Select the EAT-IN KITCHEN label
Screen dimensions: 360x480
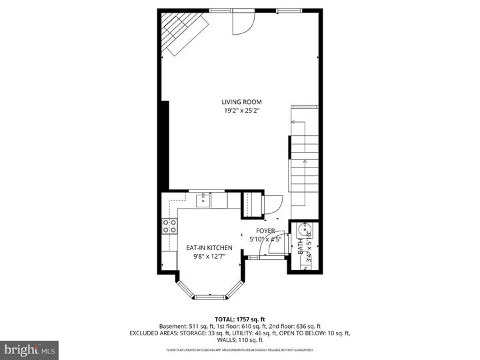pos(209,247)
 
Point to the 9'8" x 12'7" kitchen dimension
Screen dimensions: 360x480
pos(209,256)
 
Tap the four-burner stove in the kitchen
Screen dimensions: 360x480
pos(169,226)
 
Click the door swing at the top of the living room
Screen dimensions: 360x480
pos(243,23)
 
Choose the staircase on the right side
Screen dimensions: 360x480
pos(304,160)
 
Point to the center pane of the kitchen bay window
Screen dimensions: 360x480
pos(209,294)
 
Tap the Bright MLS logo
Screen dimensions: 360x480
pos(30,349)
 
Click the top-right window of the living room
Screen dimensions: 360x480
pos(288,10)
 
